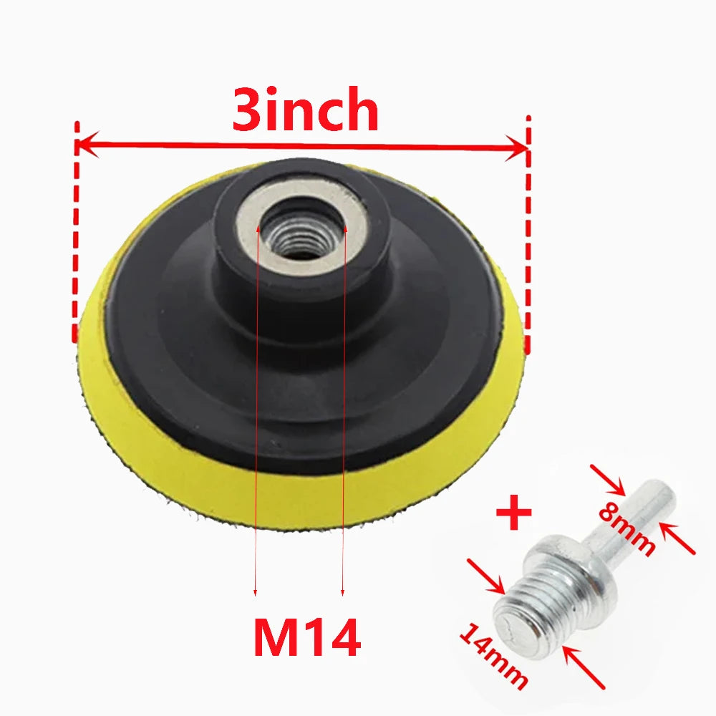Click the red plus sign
(513, 515)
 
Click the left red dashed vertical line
(74, 229)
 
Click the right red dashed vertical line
(528, 229)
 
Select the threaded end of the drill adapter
(526, 616)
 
